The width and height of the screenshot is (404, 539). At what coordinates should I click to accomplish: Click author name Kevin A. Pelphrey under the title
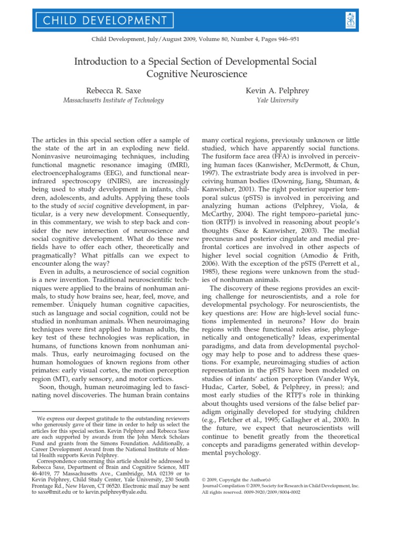(277, 91)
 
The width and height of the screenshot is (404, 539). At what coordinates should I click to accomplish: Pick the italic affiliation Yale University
(277, 101)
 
